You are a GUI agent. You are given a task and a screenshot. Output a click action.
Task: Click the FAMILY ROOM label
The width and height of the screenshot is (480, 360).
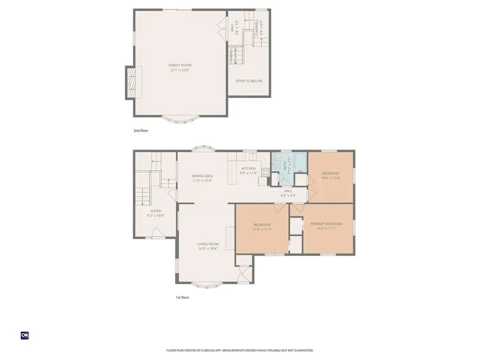coord(180,65)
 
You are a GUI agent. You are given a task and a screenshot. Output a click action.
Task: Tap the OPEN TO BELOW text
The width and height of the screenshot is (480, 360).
coord(249,81)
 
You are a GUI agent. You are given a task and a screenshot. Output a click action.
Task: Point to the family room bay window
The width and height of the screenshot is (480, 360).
coord(180,120)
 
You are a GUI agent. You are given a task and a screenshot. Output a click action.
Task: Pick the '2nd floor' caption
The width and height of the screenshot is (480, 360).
coord(141,131)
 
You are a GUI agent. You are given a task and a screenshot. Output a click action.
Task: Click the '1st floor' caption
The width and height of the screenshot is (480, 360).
coord(182,297)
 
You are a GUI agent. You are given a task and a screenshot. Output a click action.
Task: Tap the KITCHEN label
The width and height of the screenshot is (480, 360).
coord(248,168)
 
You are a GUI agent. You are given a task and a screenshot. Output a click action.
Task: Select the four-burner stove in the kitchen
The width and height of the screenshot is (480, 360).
coord(265,172)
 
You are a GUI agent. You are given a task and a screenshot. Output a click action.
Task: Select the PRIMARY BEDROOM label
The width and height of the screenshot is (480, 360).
coord(326,224)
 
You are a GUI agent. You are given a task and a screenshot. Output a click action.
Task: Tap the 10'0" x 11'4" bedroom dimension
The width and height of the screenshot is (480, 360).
coord(330,178)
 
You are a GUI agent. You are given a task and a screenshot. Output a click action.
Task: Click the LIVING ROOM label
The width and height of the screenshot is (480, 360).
coord(208,244)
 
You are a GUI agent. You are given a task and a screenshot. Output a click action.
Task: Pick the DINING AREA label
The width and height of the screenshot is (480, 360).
coord(202,176)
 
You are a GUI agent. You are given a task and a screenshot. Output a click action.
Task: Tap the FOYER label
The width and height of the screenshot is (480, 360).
coord(156,211)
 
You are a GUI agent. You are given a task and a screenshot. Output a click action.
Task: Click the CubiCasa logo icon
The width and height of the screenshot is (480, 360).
coord(25,335)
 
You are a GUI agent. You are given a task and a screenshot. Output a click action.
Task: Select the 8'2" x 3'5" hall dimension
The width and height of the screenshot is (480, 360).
coord(288,195)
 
